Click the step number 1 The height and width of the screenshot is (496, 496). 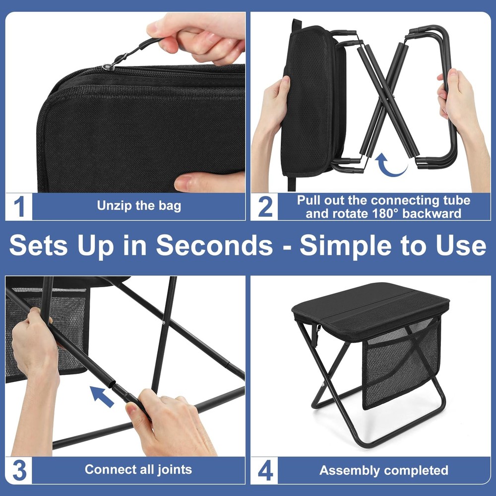[x=19, y=206]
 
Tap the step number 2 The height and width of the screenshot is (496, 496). [x=265, y=206]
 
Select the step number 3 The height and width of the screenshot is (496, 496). [x=19, y=470]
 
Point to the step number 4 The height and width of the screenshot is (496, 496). [x=265, y=470]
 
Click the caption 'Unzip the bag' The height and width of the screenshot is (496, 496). [x=139, y=206]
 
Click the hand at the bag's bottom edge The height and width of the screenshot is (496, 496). [x=208, y=182]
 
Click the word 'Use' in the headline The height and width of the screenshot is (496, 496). [x=459, y=245]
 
